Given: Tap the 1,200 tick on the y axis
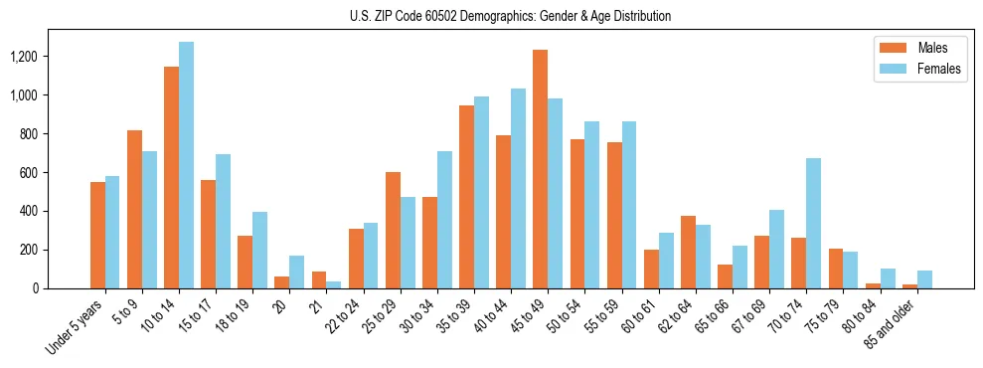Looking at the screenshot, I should point(22,57).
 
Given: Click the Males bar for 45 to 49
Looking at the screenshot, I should point(540,169).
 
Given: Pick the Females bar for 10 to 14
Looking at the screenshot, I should point(186,165).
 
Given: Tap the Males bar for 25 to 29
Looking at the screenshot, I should point(393,230).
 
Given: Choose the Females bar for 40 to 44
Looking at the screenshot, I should point(518,188).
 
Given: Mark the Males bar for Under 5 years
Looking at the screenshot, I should point(97,235).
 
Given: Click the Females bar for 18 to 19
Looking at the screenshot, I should point(259,250).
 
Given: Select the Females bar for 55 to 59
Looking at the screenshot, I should point(628,205).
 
